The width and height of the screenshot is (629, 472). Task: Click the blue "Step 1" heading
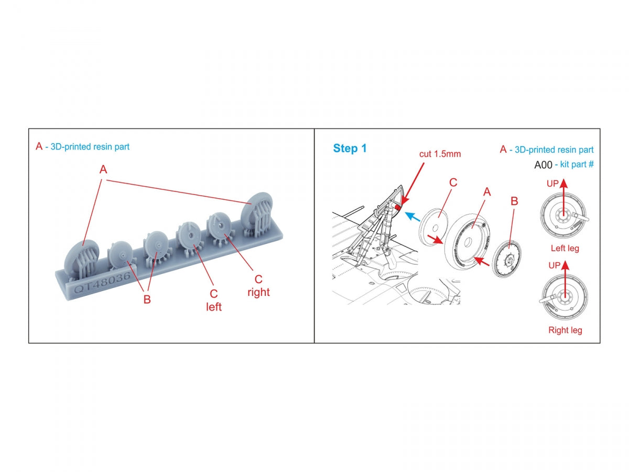click(x=350, y=148)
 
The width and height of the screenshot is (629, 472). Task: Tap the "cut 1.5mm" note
click(x=440, y=154)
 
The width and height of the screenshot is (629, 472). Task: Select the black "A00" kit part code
click(x=543, y=165)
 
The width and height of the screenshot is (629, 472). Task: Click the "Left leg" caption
click(x=565, y=248)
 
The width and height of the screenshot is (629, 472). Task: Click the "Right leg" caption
click(x=565, y=330)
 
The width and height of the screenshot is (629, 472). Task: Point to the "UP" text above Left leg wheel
click(x=552, y=184)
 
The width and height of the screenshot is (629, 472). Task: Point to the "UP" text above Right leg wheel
click(x=554, y=265)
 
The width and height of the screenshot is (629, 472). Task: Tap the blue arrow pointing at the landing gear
click(x=412, y=217)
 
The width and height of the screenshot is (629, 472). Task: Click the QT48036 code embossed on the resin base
click(x=102, y=282)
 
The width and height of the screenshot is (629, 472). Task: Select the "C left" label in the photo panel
click(x=213, y=300)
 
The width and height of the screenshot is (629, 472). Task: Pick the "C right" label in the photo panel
click(x=258, y=285)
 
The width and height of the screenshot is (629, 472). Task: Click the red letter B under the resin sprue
click(x=147, y=299)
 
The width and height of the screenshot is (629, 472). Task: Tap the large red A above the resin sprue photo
click(x=103, y=169)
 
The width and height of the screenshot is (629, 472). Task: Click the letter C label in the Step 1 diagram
click(x=453, y=183)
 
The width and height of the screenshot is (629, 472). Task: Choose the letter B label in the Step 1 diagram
click(x=514, y=201)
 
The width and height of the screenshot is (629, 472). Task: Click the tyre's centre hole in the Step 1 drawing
click(x=468, y=242)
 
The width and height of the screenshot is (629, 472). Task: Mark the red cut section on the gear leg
click(x=398, y=207)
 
